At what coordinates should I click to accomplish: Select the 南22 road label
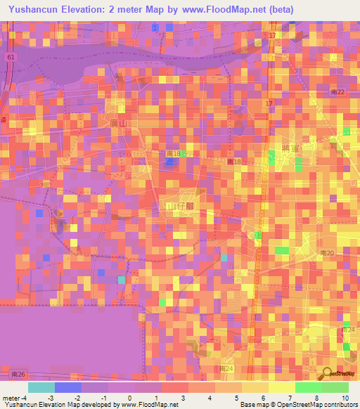(337, 92)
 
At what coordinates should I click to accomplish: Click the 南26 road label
(20, 374)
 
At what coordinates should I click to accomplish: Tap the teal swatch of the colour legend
(41, 387)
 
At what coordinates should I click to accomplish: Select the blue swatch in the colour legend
(68, 387)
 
